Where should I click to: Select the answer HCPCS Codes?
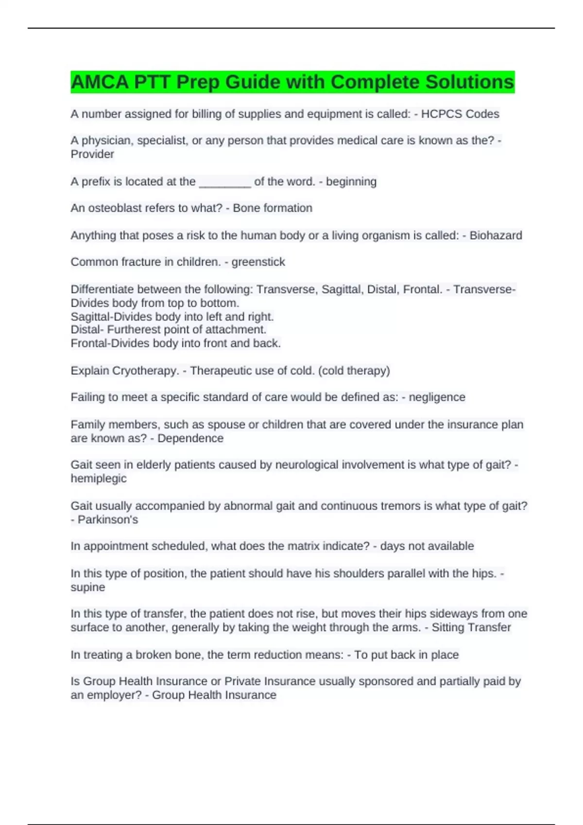tap(460, 114)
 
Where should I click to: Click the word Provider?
tap(92, 154)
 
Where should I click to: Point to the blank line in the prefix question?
tap(225, 182)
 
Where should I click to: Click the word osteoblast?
tap(116, 208)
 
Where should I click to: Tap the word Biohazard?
tap(496, 235)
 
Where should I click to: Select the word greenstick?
tap(258, 262)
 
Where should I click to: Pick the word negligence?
tap(437, 397)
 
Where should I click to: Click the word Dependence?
tap(190, 438)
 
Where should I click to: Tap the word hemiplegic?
tap(99, 478)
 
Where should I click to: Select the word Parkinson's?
tap(108, 520)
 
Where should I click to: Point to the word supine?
tap(88, 587)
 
